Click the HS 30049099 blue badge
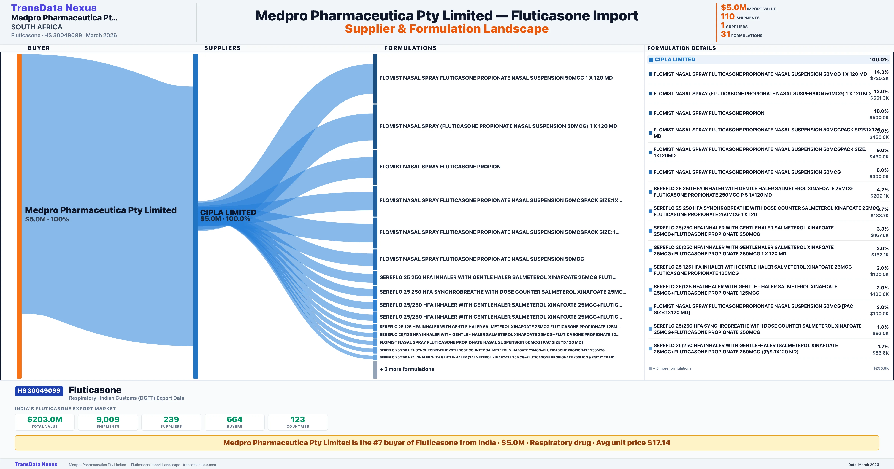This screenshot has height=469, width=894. pos(39,391)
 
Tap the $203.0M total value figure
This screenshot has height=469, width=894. pos(45,419)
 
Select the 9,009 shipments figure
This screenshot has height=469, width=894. pos(108,419)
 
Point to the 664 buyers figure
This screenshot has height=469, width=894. pos(235,419)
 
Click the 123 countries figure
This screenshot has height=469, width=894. pos(298,419)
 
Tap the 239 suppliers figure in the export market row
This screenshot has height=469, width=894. pos(171,419)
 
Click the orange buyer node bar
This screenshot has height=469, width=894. pos(19,215)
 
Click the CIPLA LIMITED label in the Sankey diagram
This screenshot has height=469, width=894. pos(228,212)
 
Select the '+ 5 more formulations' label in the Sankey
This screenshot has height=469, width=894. pos(407,369)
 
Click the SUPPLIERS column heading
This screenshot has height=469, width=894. pos(222,48)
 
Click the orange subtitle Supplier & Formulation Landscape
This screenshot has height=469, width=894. pos(447,29)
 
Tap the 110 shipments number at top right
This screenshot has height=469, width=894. pos(727,17)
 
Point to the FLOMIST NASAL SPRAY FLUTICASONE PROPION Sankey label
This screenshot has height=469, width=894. pos(440,167)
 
